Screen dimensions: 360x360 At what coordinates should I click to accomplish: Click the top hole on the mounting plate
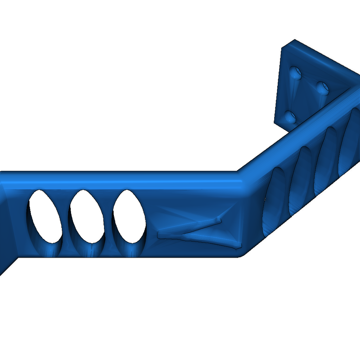296,73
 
